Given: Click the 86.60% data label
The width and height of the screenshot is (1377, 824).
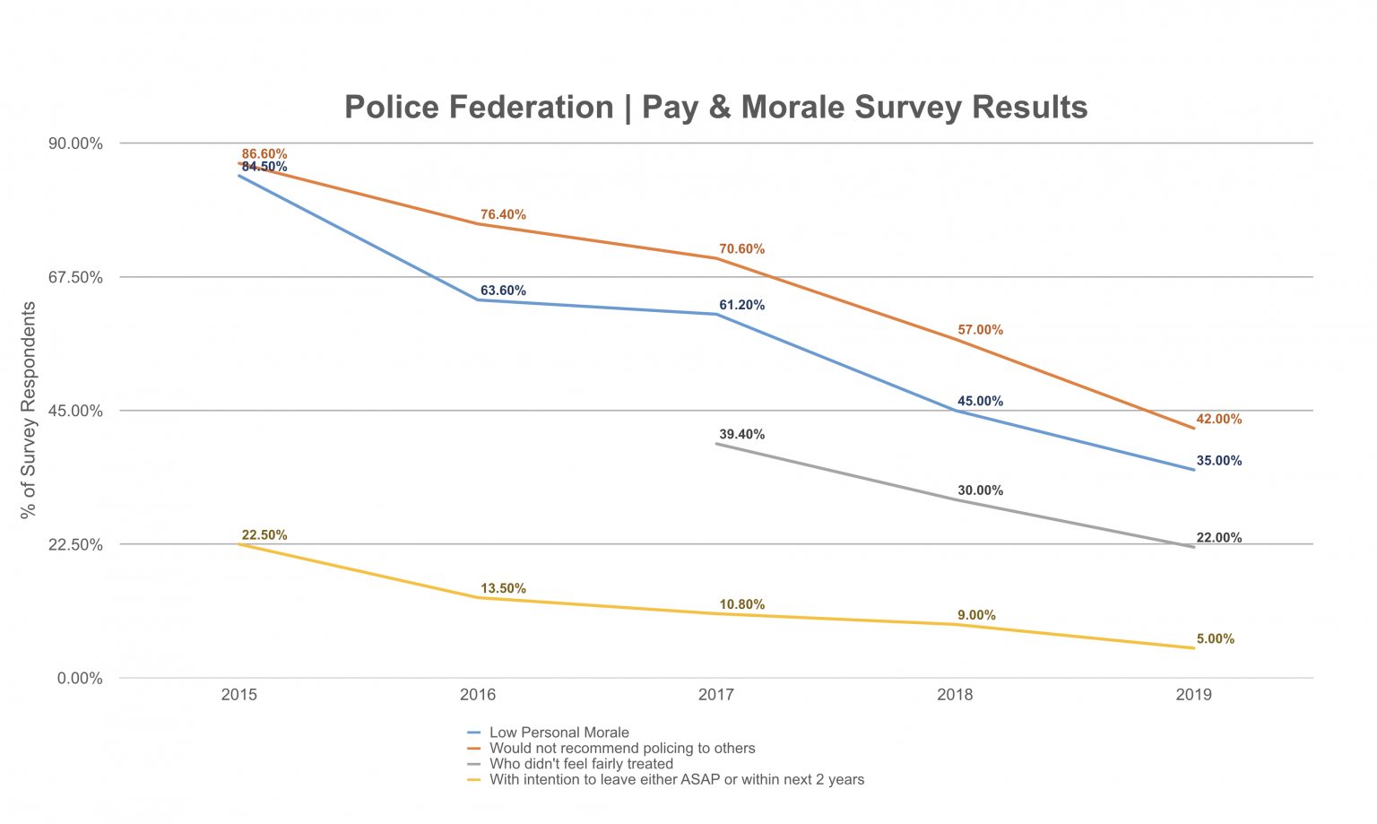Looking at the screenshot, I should pyautogui.click(x=264, y=154).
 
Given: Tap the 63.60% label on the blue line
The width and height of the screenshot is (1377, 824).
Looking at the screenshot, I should pyautogui.click(x=503, y=291).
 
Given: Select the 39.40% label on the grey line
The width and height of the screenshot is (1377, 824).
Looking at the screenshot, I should pyautogui.click(x=741, y=434).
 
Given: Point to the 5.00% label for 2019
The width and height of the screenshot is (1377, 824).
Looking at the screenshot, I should pyautogui.click(x=1215, y=639).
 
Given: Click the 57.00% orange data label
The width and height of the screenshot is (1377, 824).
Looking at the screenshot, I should pyautogui.click(x=980, y=330).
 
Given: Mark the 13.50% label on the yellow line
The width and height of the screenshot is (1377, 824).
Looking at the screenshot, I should pyautogui.click(x=503, y=589).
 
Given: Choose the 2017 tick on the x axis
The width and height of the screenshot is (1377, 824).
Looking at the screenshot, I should pyautogui.click(x=716, y=695).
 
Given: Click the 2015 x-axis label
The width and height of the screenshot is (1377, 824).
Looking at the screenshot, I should pyautogui.click(x=239, y=695).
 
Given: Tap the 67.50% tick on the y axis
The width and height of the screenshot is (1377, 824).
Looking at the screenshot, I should pyautogui.click(x=74, y=277).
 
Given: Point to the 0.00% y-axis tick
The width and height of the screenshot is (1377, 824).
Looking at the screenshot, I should pyautogui.click(x=80, y=679).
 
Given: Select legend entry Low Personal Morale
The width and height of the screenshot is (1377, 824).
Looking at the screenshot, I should pyautogui.click(x=559, y=733).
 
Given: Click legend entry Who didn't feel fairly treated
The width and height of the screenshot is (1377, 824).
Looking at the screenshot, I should pyautogui.click(x=581, y=764).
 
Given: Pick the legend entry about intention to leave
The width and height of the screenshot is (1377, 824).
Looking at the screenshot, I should pyautogui.click(x=676, y=780).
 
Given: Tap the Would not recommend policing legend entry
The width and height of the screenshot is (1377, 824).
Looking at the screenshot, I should pyautogui.click(x=621, y=749).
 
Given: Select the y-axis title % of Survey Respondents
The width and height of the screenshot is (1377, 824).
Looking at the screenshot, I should pyautogui.click(x=29, y=411).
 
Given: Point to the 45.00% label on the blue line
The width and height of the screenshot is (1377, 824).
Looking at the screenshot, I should pyautogui.click(x=980, y=401).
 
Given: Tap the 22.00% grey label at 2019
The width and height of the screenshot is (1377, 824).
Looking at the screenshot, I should pyautogui.click(x=1218, y=538).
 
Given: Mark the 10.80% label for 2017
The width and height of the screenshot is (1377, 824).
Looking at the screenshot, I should pyautogui.click(x=741, y=604).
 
